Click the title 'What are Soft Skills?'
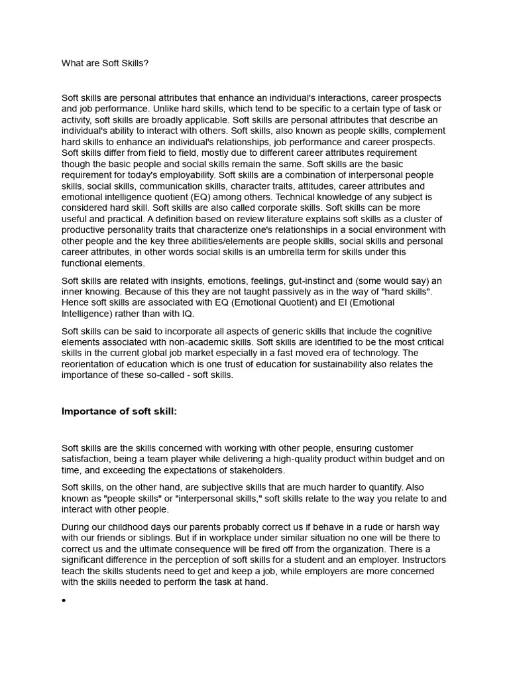pos(105,63)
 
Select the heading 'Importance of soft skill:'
pos(119,411)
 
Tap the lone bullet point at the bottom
pos(64,601)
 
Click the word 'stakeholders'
pos(254,469)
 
